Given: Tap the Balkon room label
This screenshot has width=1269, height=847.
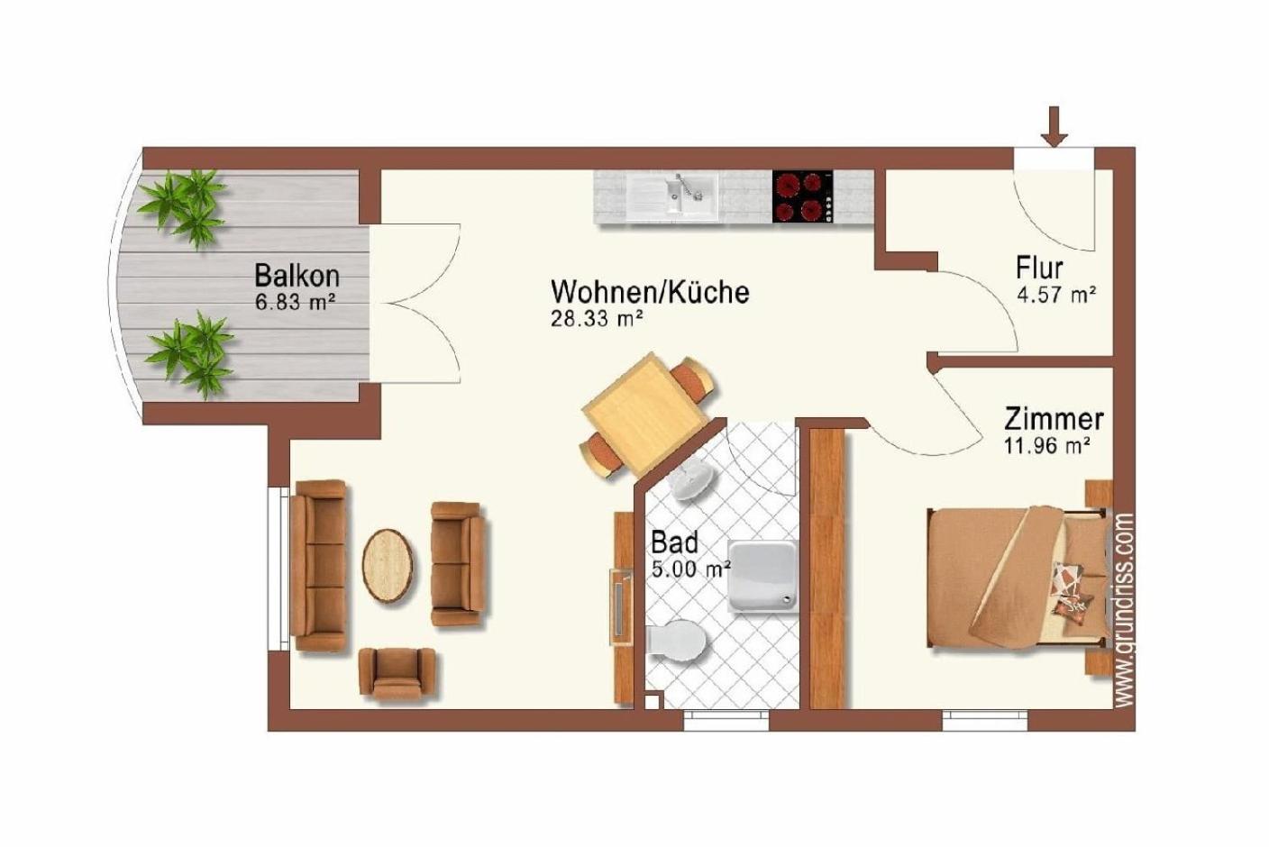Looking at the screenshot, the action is click(x=297, y=276).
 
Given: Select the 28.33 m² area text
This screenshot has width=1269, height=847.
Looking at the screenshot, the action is click(x=597, y=319).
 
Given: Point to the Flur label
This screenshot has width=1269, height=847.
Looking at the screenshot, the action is click(x=1039, y=268).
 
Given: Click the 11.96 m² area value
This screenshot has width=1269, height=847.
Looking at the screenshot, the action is click(x=1048, y=446).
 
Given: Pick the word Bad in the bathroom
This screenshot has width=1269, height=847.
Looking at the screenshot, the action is click(x=675, y=542).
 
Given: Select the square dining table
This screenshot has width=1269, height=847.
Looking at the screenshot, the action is click(x=645, y=414).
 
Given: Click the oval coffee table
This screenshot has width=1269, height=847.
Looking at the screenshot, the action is click(x=388, y=566).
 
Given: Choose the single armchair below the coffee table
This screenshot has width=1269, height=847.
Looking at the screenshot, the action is click(x=397, y=674).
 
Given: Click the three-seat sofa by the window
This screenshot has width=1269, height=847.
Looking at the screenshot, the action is click(x=320, y=566).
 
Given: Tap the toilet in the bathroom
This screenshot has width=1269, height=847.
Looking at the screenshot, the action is click(x=677, y=641).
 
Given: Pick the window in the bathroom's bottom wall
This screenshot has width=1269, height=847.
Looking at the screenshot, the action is click(x=726, y=720).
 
